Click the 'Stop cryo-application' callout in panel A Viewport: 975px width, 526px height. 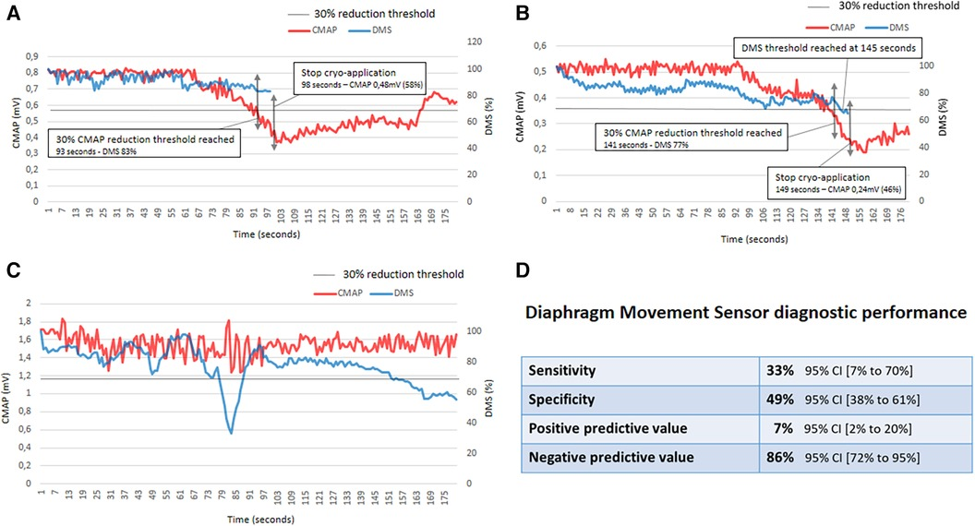359,78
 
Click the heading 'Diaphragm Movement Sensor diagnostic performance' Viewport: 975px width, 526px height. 746,314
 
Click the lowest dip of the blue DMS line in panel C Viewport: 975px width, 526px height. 230,432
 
